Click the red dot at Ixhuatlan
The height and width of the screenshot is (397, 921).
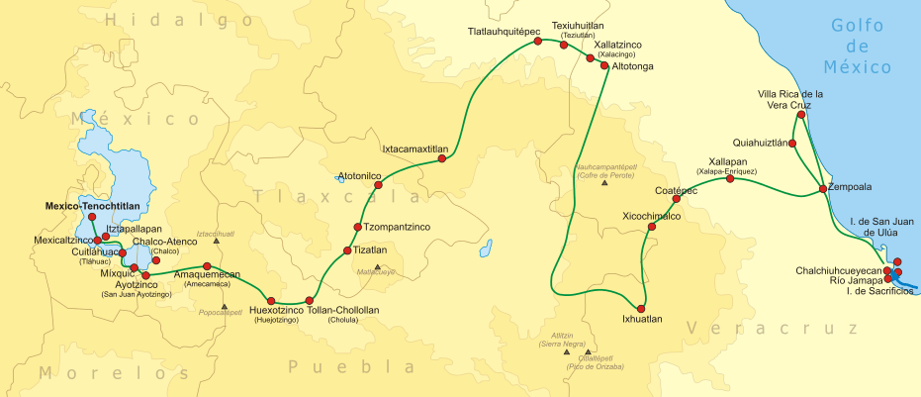(x=642, y=306)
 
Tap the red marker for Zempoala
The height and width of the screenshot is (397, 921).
(x=823, y=188)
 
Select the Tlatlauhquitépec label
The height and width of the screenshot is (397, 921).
(x=504, y=32)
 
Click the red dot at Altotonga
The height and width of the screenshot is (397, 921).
(x=604, y=66)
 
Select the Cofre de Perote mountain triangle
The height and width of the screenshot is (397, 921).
(x=605, y=185)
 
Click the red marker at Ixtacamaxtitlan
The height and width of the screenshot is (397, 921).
(x=442, y=161)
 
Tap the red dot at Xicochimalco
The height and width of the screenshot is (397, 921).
(x=651, y=227)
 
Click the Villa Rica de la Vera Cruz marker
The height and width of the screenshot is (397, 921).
(x=800, y=115)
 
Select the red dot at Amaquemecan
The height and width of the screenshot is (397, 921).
(x=207, y=266)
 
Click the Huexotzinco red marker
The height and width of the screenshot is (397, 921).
(x=268, y=301)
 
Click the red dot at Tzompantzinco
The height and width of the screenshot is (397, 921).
(x=358, y=227)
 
